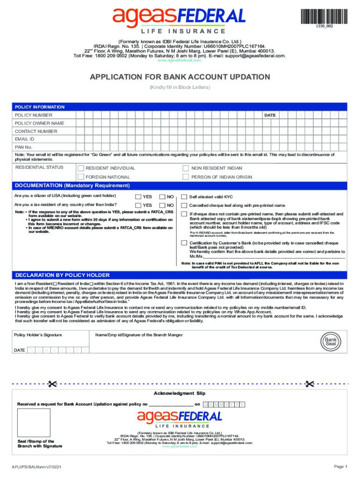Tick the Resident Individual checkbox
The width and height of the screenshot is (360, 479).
coord(81,168)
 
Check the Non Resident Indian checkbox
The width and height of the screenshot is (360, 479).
coord(186,168)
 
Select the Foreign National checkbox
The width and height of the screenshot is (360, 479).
coord(81,177)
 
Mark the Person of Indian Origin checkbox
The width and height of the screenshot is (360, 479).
coord(186,177)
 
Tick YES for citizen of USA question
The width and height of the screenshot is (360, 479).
coord(138,197)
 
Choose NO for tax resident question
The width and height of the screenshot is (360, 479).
coord(162,205)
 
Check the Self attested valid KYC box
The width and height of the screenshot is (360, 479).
coord(184,197)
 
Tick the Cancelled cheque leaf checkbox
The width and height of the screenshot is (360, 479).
coord(184,205)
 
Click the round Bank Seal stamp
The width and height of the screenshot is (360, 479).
coord(331,341)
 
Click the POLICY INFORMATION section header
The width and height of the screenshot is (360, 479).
coord(40,107)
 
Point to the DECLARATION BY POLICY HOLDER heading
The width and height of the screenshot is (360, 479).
coord(63,275)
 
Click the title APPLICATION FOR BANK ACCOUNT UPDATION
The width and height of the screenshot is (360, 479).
coord(180,77)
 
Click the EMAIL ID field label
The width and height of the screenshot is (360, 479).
coord(25,139)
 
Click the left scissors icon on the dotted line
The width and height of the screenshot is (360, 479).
coord(52,384)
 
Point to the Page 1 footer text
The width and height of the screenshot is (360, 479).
coord(340,466)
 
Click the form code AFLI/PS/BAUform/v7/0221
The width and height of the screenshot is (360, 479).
coord(39,467)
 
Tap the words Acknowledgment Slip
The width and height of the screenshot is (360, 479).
coord(180,393)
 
